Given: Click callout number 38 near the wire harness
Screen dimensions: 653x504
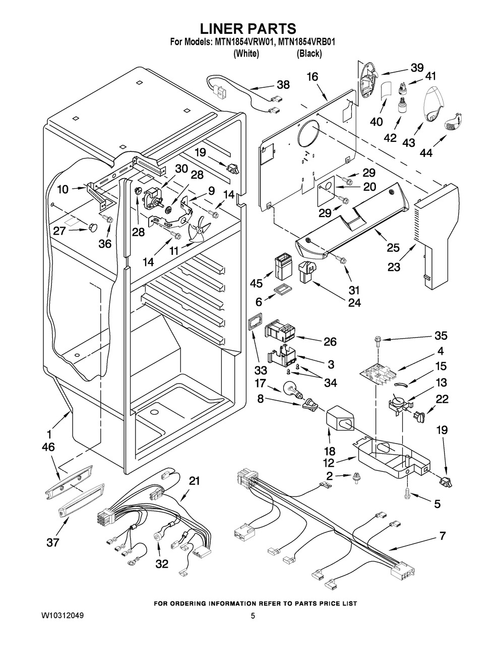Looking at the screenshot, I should pyautogui.click(x=283, y=85).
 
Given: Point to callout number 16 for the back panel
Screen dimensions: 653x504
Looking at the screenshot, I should pyautogui.click(x=312, y=77).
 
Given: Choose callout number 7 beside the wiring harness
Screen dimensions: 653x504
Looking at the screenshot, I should pyautogui.click(x=442, y=536).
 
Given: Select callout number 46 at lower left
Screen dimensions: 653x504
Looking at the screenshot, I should pyautogui.click(x=48, y=447).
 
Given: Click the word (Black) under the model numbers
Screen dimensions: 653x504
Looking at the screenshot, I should pyautogui.click(x=309, y=53).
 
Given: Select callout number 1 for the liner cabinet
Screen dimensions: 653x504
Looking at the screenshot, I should pyautogui.click(x=49, y=433).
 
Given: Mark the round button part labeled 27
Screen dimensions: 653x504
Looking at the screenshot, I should pyautogui.click(x=92, y=229).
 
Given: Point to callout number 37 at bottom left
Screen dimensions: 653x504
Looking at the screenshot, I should pyautogui.click(x=52, y=543).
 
